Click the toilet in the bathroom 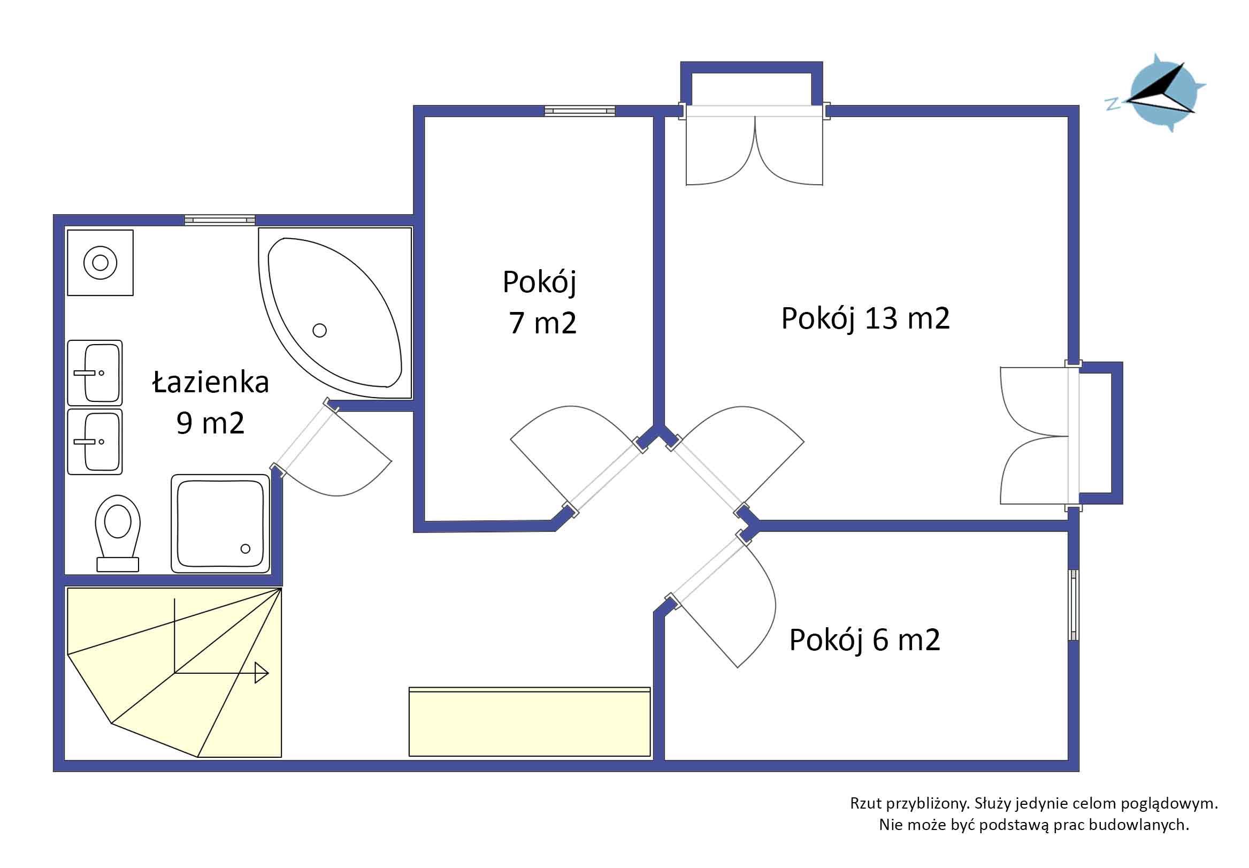pyautogui.click(x=117, y=533)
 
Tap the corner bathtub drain pyautogui.click(x=319, y=330)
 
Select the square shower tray pyautogui.click(x=221, y=523)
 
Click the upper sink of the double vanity pyautogui.click(x=95, y=373)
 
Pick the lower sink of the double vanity pyautogui.click(x=95, y=441)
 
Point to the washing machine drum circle pyautogui.click(x=100, y=263)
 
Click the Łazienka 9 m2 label pyautogui.click(x=211, y=402)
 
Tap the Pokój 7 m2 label pyautogui.click(x=540, y=302)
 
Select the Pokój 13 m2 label pyautogui.click(x=865, y=319)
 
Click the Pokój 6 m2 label pyautogui.click(x=865, y=640)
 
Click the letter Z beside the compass pyautogui.click(x=1113, y=104)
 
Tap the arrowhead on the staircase pyautogui.click(x=262, y=673)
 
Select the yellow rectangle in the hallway pyautogui.click(x=530, y=722)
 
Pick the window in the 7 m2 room pyautogui.click(x=580, y=111)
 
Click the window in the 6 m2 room pyautogui.click(x=1074, y=605)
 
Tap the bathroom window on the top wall pyautogui.click(x=220, y=220)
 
